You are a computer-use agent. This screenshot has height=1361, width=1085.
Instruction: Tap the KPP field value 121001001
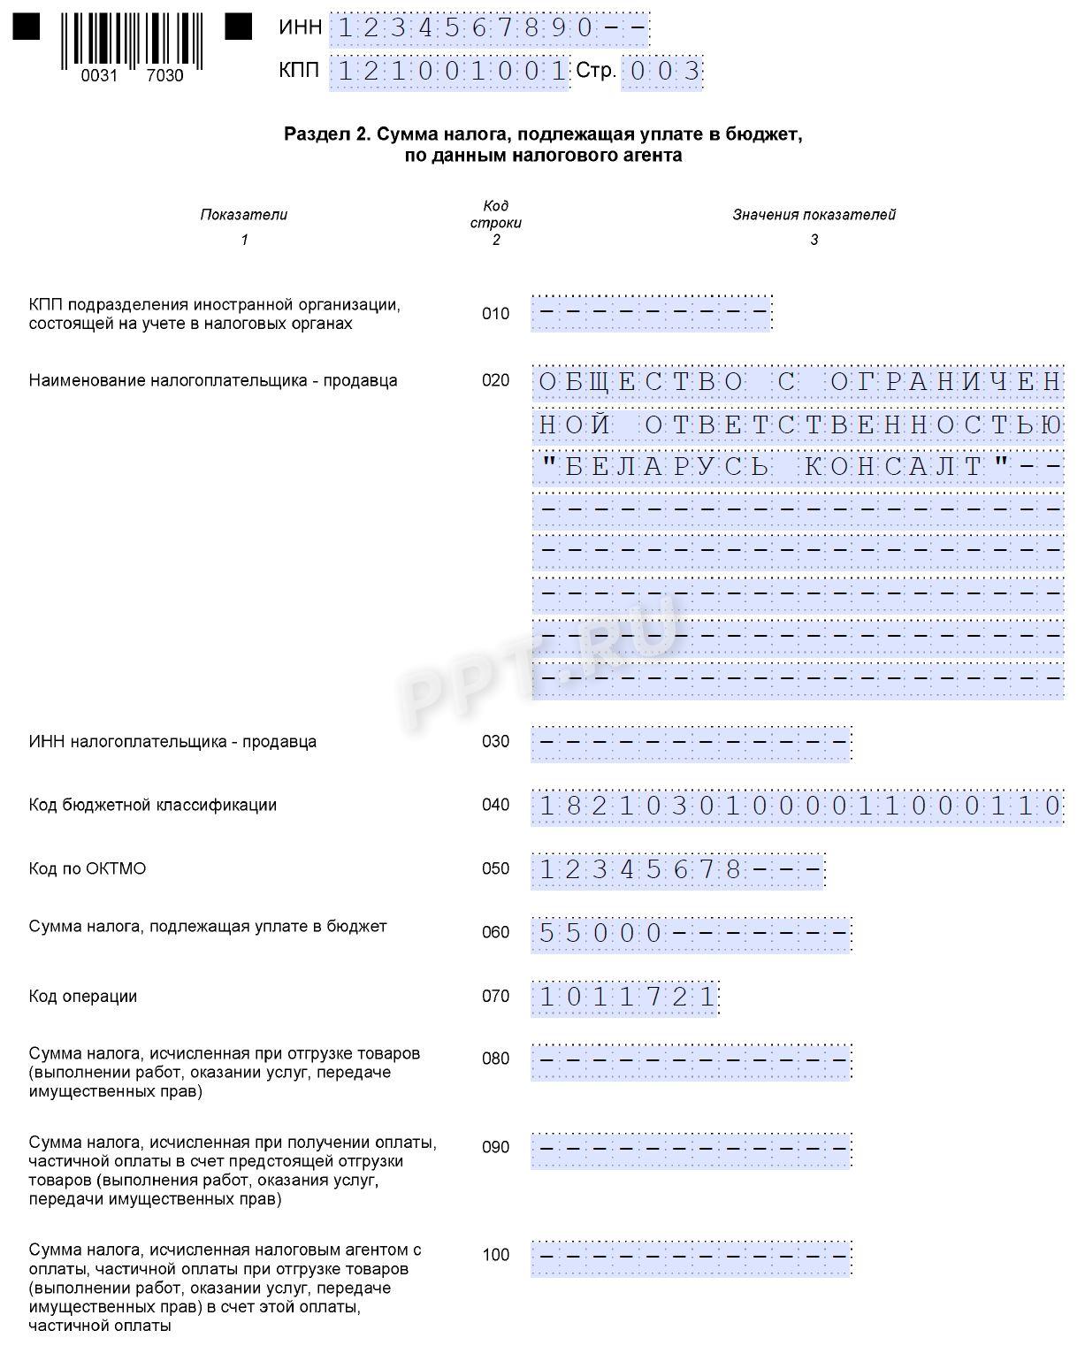click(448, 71)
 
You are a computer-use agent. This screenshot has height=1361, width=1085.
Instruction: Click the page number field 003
click(661, 71)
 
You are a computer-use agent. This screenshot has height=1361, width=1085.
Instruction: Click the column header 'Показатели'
click(244, 215)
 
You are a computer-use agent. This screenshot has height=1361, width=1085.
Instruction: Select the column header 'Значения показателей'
click(814, 215)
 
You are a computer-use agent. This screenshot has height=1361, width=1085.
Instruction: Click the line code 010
click(495, 314)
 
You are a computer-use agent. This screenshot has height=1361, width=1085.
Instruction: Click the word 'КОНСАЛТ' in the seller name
click(895, 466)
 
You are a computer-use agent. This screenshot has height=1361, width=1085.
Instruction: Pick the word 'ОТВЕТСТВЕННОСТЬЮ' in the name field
click(853, 424)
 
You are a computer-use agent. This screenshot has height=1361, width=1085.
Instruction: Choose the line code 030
click(495, 742)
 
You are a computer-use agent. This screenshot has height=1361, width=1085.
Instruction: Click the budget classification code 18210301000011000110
click(798, 806)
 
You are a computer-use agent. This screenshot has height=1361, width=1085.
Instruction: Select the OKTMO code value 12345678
click(640, 870)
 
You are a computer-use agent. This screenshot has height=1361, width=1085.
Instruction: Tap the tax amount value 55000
click(600, 934)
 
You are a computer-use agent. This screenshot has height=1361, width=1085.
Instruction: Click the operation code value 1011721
click(626, 998)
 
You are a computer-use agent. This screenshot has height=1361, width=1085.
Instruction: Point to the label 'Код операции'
click(83, 997)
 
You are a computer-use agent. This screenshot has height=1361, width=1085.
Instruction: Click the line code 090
click(495, 1148)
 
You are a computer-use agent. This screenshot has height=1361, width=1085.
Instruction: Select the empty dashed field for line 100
click(691, 1257)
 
